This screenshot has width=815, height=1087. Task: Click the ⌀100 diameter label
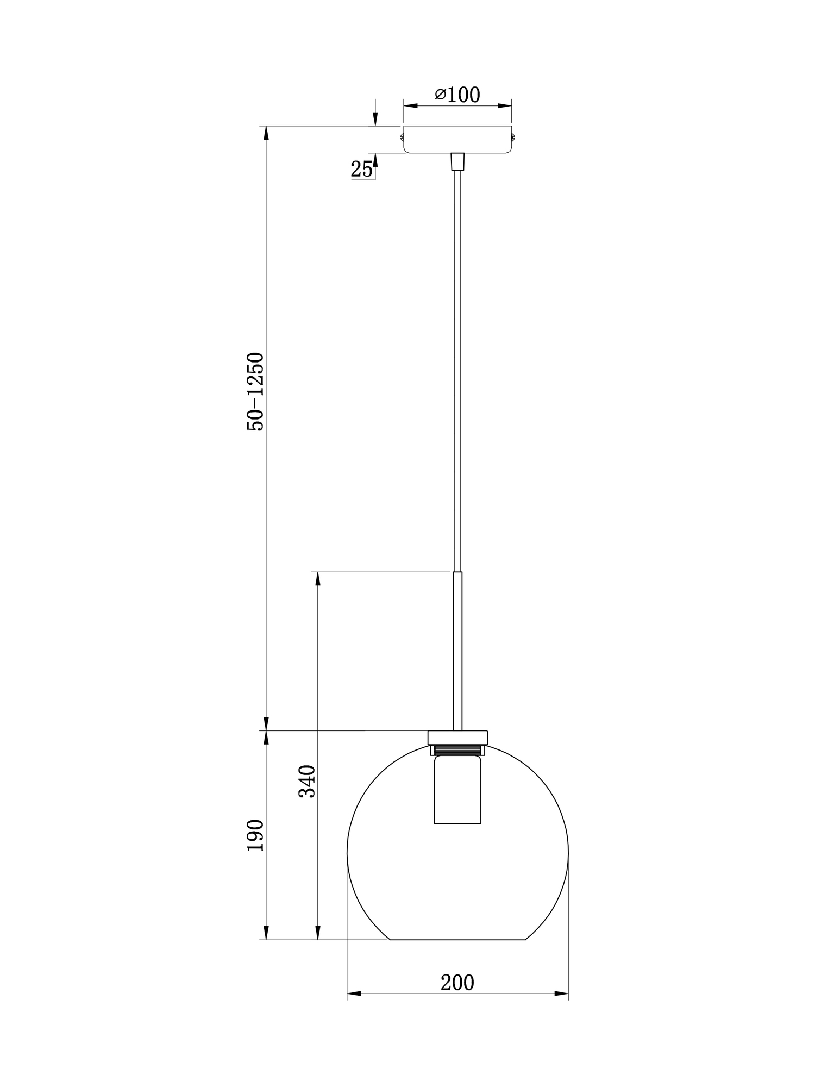click(457, 95)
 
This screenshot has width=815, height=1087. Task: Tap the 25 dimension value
click(362, 170)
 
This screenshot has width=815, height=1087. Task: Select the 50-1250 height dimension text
click(255, 391)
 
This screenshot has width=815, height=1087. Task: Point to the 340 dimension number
click(308, 780)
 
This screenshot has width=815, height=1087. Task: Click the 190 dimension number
click(255, 835)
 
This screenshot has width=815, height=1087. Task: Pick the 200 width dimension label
click(457, 983)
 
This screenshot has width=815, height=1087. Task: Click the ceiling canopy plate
click(457, 139)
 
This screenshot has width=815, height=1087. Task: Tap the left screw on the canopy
click(402, 136)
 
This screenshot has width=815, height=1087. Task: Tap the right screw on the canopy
click(513, 136)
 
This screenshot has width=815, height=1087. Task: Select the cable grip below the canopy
click(458, 161)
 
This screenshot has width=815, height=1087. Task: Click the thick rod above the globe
click(458, 649)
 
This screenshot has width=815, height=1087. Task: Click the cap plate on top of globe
click(457, 737)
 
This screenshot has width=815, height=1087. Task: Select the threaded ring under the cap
click(457, 750)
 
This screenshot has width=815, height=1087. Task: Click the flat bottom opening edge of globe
click(457, 939)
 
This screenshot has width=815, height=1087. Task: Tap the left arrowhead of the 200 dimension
click(354, 994)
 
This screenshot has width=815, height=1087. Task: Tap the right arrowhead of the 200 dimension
click(561, 994)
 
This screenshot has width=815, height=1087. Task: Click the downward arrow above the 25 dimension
click(375, 120)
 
